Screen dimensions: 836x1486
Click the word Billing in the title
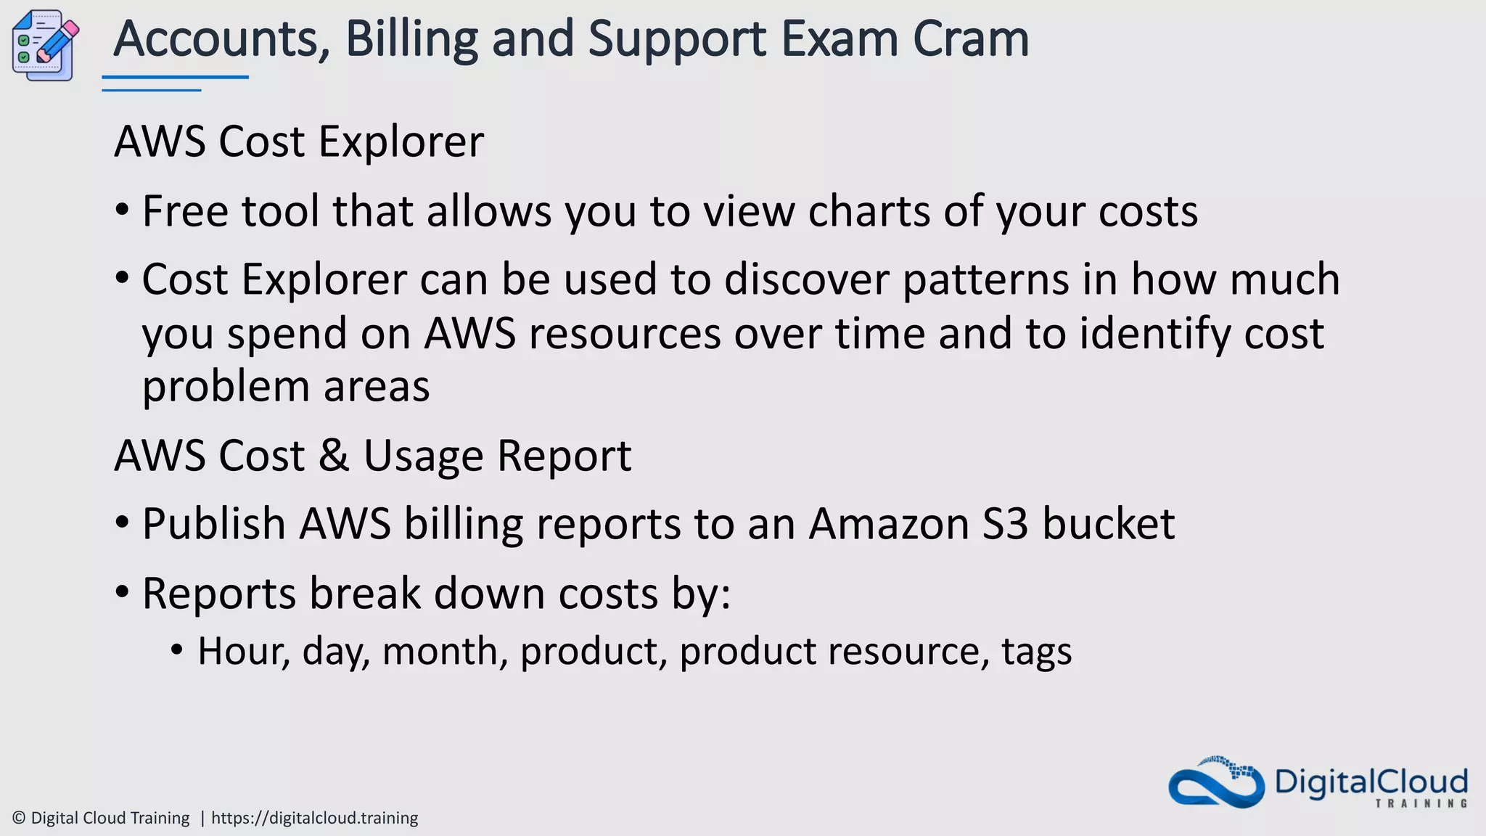click(411, 39)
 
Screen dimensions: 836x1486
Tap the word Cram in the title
click(971, 39)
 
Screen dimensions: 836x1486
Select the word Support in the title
click(676, 39)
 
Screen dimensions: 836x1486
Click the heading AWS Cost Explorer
click(299, 141)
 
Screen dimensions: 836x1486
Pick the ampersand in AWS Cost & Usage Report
click(334, 456)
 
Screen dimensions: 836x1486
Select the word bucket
click(1109, 523)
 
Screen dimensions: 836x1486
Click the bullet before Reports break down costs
click(122, 592)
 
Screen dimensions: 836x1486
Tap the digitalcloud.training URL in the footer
click(315, 818)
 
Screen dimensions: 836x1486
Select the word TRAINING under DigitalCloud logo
click(1421, 803)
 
